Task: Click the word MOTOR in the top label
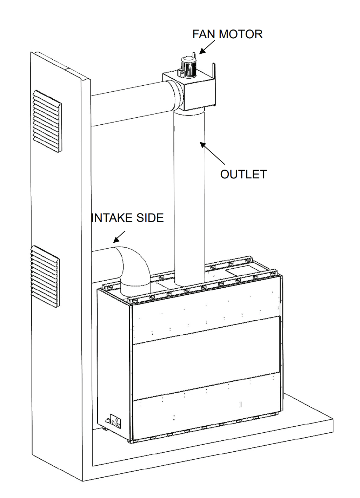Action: coord(240,34)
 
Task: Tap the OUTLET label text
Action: coord(243,174)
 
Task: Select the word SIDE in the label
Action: coord(150,218)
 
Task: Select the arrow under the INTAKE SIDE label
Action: coord(119,237)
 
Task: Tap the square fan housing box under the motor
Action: coord(189,91)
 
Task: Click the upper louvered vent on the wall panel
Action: coord(47,122)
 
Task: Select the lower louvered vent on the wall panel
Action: coord(45,276)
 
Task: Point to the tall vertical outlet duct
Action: coord(189,196)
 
